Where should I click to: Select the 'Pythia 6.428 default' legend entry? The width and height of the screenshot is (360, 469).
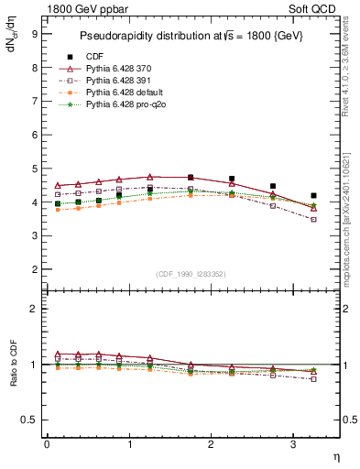(124, 93)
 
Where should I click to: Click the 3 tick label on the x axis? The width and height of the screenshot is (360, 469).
(293, 444)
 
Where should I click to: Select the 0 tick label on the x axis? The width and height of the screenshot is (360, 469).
(47, 444)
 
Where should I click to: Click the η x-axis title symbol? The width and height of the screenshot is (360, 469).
(335, 454)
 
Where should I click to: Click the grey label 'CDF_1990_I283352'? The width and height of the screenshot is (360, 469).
(191, 274)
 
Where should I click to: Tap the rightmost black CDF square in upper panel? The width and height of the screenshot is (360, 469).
(314, 195)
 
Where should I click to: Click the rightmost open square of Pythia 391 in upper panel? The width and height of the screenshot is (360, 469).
(314, 219)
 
